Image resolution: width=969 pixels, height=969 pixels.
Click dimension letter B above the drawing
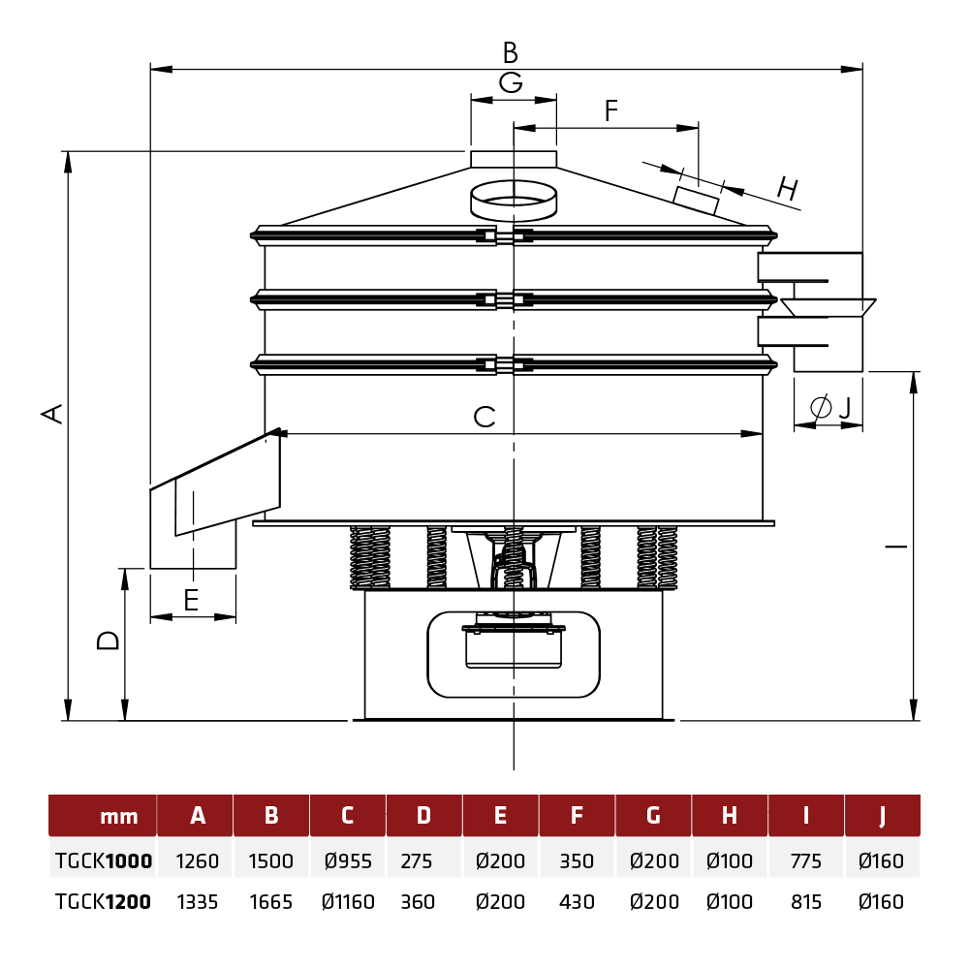510,52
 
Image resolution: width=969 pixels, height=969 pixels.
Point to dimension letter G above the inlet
511,82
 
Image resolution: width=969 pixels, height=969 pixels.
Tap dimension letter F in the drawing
610,110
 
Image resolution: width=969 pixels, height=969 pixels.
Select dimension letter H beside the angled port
788,188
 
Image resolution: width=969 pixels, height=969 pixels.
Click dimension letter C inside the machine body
484,417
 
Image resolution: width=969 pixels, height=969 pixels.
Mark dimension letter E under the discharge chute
192,600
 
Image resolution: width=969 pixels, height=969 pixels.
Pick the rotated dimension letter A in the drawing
52,414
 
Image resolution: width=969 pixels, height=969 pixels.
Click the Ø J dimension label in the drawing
830,407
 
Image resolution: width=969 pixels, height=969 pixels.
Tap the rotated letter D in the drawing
109,641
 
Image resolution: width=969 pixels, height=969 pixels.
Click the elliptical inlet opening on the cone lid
514,201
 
